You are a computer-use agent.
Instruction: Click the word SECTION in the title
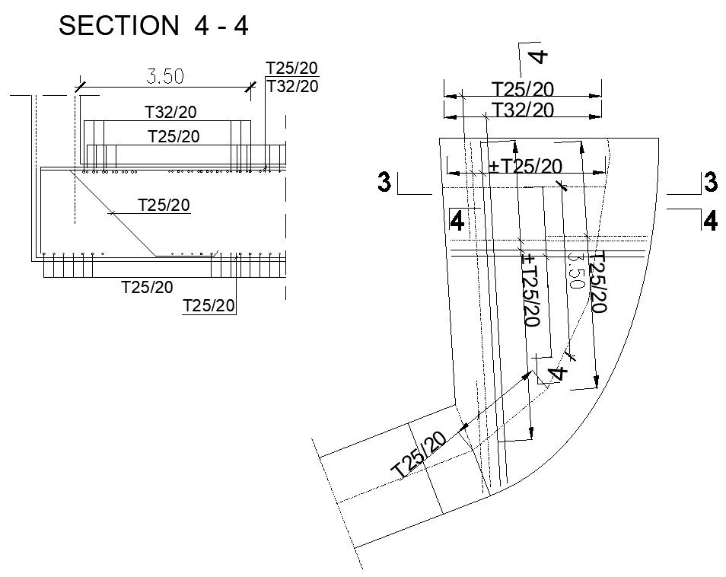tap(118, 25)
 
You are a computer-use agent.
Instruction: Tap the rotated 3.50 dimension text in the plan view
tap(575, 270)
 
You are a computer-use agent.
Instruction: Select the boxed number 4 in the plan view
tap(457, 221)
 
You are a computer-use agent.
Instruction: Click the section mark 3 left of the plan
tap(386, 183)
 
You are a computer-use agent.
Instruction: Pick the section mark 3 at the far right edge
tap(710, 183)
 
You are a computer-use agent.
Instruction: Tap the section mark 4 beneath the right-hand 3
tap(710, 221)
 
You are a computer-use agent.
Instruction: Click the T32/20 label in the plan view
tap(523, 110)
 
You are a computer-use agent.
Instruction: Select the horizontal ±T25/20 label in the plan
tap(525, 166)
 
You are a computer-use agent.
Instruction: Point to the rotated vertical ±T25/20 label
tap(530, 290)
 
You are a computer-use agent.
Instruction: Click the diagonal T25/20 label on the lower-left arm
tap(418, 454)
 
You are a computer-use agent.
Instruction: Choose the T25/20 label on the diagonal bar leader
tap(163, 204)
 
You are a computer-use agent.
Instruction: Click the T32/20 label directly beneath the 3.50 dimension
tap(170, 113)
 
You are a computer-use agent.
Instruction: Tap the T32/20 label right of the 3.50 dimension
tap(291, 86)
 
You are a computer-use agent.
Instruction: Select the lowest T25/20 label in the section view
tap(209, 306)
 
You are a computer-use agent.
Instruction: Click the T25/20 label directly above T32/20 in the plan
tap(523, 89)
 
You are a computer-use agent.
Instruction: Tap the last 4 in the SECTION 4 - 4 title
tap(240, 25)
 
